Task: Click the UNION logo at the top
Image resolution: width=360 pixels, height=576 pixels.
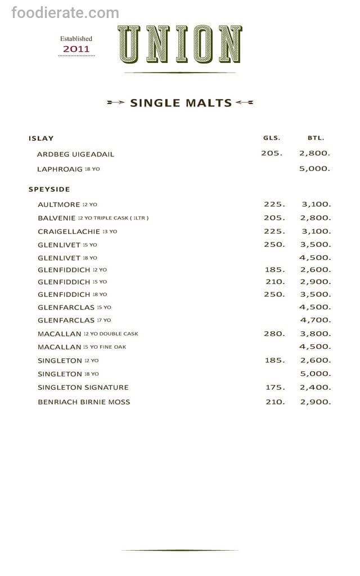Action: coord(180,44)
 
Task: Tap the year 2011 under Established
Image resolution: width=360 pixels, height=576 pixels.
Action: coord(76,49)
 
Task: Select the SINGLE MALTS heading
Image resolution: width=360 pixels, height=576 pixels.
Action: coord(181,103)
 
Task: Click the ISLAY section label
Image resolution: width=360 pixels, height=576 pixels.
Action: coord(41,138)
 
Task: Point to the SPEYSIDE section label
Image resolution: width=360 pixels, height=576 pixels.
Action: coord(48,190)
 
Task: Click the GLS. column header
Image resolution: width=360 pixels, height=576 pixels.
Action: coord(272,138)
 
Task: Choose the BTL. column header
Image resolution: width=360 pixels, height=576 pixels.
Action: coord(316,138)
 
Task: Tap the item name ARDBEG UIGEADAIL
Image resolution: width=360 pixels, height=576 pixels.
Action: coord(75,154)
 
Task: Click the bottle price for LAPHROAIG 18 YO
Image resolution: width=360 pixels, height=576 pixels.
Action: coord(315,168)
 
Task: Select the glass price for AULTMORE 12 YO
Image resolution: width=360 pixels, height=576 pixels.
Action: coord(274,204)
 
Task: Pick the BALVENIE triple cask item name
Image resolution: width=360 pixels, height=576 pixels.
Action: coord(93,218)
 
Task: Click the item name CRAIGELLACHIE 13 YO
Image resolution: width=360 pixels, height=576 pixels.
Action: coord(78,231)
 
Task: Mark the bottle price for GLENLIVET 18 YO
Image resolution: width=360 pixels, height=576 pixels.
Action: coord(315,257)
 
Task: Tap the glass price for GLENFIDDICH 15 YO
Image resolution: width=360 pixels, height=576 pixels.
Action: coord(275,282)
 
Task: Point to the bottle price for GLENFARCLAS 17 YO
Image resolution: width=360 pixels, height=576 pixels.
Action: coord(315,320)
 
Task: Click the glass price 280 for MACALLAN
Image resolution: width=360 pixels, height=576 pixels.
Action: coord(274,334)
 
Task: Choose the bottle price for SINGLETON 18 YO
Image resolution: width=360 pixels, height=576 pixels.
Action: coord(315,373)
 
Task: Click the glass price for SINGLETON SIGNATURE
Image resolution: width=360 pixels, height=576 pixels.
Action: coord(275,387)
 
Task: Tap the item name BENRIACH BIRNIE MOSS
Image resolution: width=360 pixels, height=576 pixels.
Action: coord(84,402)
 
